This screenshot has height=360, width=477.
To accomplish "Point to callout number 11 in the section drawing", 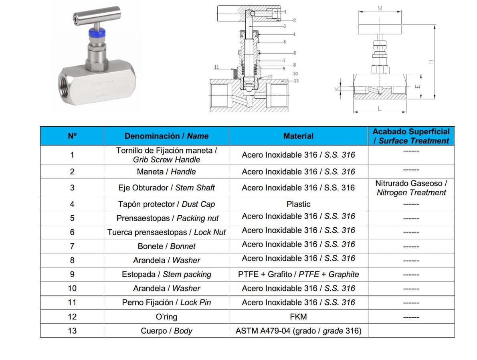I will pos(217,67).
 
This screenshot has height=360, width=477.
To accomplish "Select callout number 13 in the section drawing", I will pos(296,81).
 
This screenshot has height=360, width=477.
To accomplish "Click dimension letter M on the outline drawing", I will pos(380,8).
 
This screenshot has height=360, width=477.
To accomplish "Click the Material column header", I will pos(298,136).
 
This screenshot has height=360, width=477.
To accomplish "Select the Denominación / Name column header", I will pos(166,136).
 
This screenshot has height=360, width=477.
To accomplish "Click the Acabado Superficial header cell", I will pos(411,136).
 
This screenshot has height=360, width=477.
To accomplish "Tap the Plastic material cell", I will pos(298,204).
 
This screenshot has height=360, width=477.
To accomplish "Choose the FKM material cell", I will pos(298,317).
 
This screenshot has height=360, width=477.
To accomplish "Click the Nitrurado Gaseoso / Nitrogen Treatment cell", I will pos(411,188).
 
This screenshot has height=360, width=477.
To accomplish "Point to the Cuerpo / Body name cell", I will pos(166,331).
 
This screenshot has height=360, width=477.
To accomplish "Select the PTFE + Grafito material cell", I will pos(298,274).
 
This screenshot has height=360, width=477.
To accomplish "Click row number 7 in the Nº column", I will pos(72,246).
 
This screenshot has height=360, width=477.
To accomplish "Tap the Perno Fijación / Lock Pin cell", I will pos(166,302).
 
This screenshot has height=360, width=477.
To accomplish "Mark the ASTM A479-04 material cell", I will pos(298,331).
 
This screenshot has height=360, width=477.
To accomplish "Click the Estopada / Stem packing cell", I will pos(166,274).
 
